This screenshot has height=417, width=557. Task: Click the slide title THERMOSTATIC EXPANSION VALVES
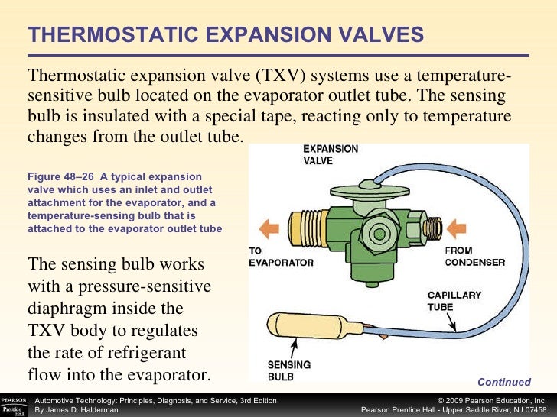coord(226,34)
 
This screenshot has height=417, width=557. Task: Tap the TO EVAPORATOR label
coord(281,257)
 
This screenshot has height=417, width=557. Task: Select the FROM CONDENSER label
coord(474,257)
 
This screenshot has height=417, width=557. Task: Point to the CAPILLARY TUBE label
coord(454,301)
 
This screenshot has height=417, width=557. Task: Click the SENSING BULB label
coord(288,370)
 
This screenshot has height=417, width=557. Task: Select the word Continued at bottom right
coord(503,382)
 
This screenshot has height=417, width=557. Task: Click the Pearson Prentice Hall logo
coord(15,406)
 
